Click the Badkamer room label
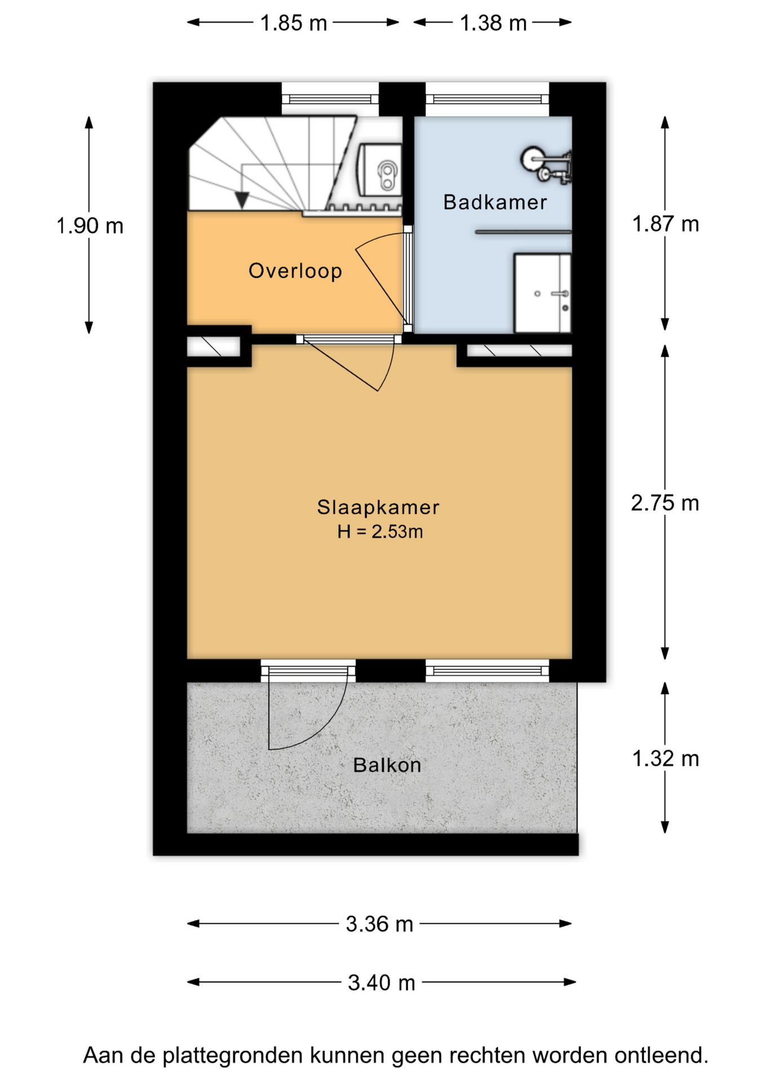click(x=495, y=202)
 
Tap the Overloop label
click(x=295, y=271)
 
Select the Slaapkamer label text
click(x=378, y=507)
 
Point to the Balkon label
click(x=387, y=765)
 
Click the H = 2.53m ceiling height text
click(x=380, y=531)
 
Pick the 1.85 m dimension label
click(x=293, y=23)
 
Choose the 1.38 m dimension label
click(x=493, y=23)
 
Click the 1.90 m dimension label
click(x=90, y=226)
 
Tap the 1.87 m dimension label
click(x=665, y=224)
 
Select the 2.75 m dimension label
click(x=665, y=503)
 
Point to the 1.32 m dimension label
click(x=665, y=759)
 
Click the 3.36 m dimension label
click(x=380, y=924)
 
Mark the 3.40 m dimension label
click(x=381, y=983)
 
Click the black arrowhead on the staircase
click(x=242, y=199)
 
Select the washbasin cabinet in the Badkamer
click(x=542, y=293)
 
